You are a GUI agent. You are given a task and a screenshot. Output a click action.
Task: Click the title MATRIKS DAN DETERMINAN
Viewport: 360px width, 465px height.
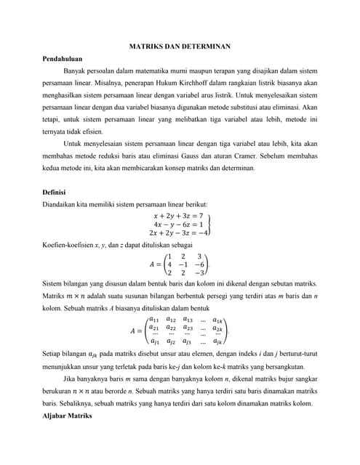tap(180, 46)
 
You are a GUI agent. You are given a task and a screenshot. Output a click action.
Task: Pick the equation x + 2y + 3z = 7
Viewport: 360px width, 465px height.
tap(177, 216)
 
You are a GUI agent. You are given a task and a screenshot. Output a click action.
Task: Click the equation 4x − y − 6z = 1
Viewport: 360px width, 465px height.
tap(177, 225)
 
